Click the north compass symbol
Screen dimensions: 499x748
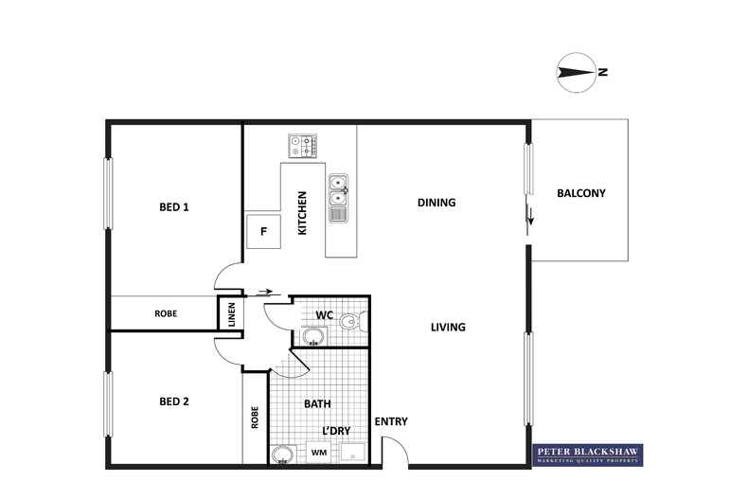[576, 72]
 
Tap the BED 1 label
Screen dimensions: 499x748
[174, 206]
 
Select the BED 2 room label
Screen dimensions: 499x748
[174, 401]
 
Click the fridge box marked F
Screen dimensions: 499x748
[264, 231]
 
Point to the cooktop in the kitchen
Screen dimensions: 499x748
[303, 146]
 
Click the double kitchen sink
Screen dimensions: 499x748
[339, 191]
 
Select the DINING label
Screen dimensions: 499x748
[436, 203]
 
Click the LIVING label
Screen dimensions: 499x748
[448, 328]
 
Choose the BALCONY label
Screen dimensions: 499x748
[580, 193]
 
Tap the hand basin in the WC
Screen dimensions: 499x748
[313, 335]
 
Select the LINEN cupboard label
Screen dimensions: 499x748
[231, 313]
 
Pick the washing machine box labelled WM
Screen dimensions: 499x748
[319, 454]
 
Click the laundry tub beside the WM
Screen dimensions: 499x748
[353, 454]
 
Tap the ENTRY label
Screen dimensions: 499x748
[391, 421]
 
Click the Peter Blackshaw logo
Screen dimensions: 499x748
[587, 454]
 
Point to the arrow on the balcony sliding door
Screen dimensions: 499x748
[530, 217]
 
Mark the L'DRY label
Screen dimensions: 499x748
[337, 431]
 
